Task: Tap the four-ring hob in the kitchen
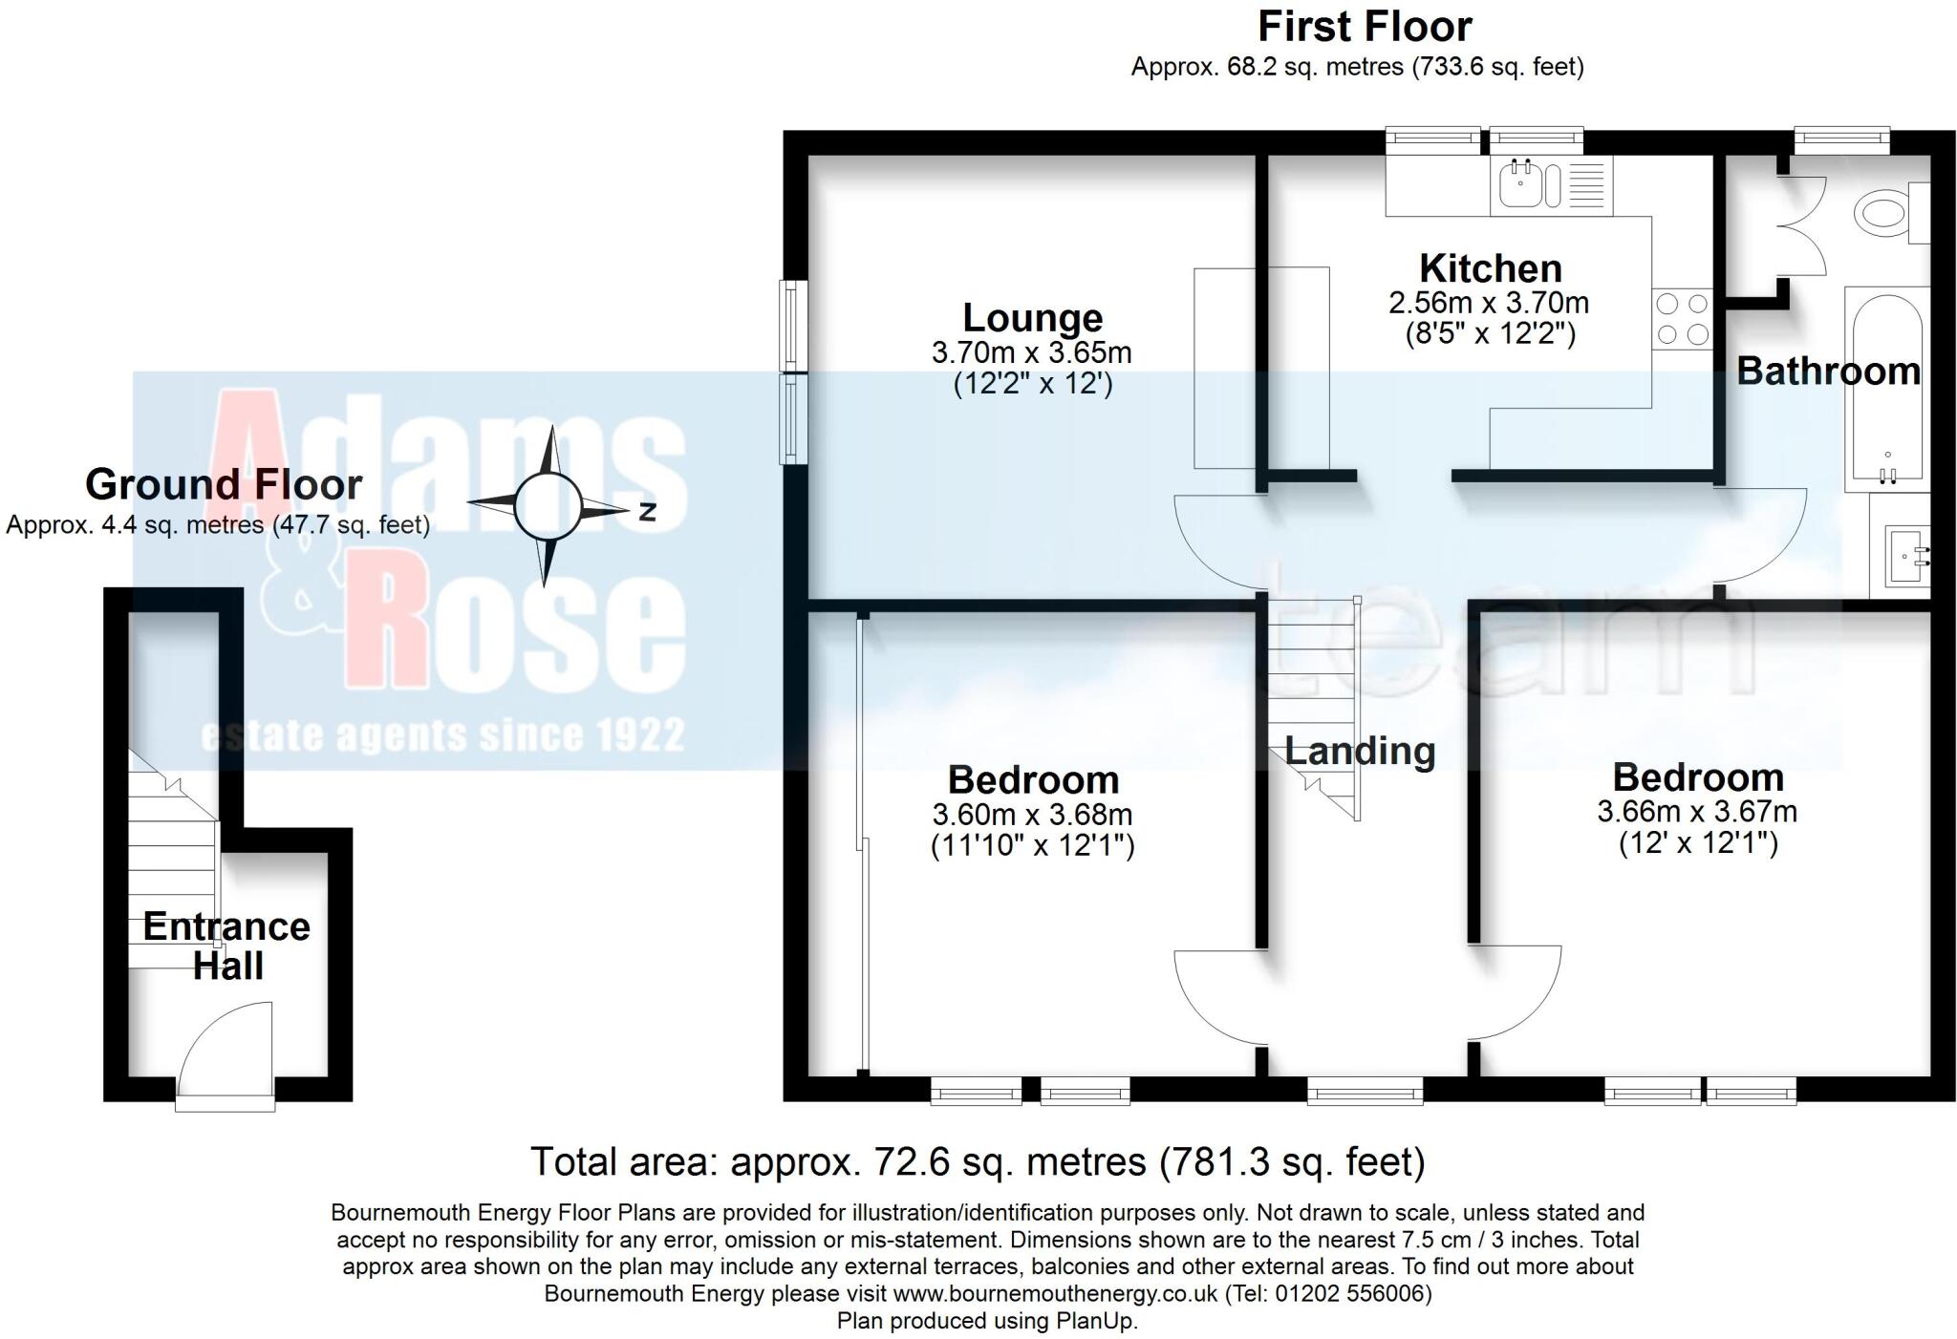point(1682,319)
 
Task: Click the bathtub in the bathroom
point(1886,387)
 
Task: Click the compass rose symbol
point(548,506)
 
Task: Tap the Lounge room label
point(1032,317)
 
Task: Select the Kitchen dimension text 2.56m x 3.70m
point(1489,304)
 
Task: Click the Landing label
point(1359,752)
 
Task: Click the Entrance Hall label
point(226,946)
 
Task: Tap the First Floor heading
point(1364,27)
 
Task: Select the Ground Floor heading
point(224,484)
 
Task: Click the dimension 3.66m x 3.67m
point(1697,812)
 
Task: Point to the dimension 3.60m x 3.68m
point(1032,815)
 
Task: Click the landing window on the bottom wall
point(1365,1091)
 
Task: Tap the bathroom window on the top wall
point(1841,141)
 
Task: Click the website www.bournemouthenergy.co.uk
point(1055,1294)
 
